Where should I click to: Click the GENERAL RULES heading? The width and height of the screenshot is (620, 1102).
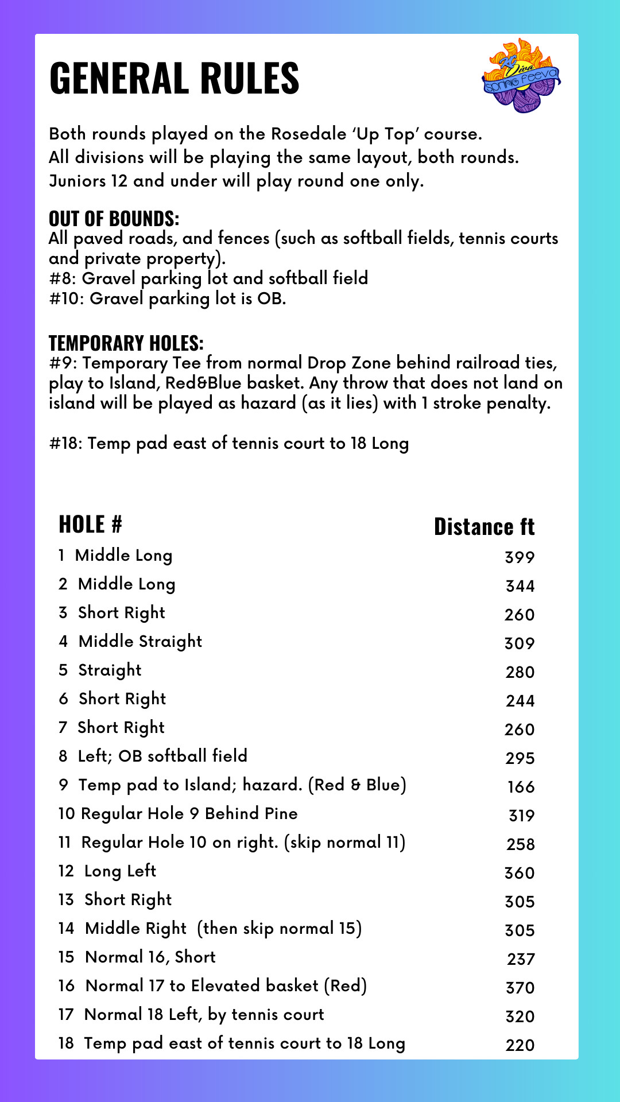[x=175, y=78]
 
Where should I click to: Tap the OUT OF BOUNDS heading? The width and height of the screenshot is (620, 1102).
[x=114, y=219]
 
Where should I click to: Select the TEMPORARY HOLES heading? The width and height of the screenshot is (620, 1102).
[x=126, y=343]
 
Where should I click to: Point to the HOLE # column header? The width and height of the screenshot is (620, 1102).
[x=90, y=525]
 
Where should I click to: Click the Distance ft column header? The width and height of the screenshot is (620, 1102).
[x=484, y=527]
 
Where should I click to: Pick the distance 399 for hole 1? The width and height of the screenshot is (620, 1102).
[x=520, y=557]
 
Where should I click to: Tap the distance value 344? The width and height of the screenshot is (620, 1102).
[x=520, y=586]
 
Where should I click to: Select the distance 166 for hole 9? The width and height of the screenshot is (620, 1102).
[x=521, y=787]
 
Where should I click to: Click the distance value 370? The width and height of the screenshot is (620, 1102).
[x=520, y=988]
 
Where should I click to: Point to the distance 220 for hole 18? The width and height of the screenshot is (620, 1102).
[x=520, y=1045]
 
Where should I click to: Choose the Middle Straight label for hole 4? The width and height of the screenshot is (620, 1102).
[x=140, y=642]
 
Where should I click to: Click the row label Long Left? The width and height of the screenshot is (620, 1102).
[x=120, y=871]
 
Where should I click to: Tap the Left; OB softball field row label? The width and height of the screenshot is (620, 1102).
[x=162, y=756]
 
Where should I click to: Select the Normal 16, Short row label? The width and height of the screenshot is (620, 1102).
[x=150, y=957]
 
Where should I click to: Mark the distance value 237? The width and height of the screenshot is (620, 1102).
[x=521, y=959]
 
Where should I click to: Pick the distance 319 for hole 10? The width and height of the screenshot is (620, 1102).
[x=521, y=816]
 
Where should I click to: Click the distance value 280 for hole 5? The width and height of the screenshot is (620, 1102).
[x=520, y=672]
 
